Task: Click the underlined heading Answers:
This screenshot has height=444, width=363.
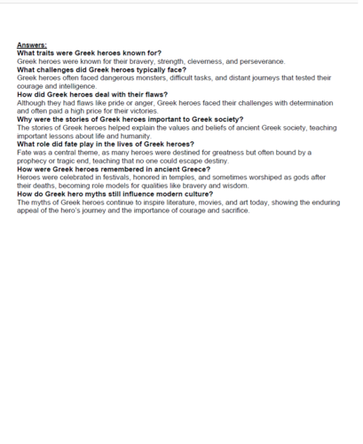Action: click(31, 44)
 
